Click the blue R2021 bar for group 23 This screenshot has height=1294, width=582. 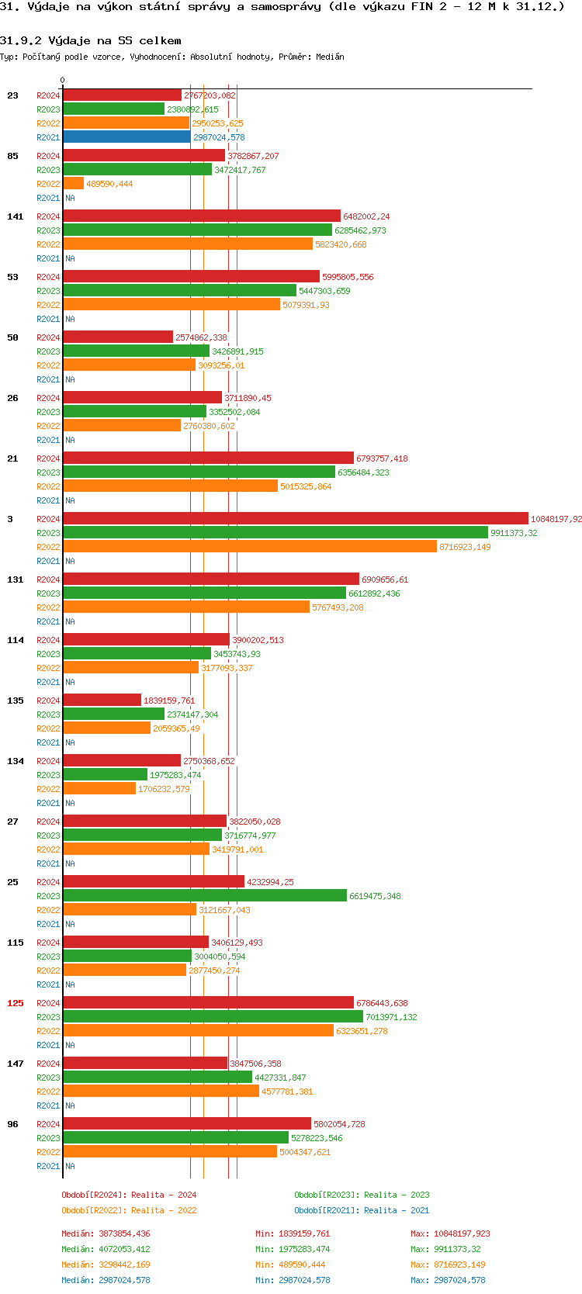(126, 137)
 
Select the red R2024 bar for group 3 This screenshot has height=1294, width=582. (295, 519)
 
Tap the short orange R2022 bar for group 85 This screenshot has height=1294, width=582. (74, 184)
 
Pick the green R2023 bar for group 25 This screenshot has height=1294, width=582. (205, 896)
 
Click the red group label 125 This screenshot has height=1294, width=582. (16, 1003)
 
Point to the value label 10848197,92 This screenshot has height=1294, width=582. (556, 519)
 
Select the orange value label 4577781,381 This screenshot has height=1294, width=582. (287, 1092)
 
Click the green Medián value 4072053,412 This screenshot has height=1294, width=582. (106, 1249)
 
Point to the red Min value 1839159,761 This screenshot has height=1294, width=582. (293, 1233)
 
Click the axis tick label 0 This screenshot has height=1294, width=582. (63, 80)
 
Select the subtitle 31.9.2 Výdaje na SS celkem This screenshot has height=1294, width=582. (90, 40)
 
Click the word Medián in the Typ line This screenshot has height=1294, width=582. (331, 57)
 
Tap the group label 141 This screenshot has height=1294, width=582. (16, 216)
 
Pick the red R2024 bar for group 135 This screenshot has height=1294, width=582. (102, 701)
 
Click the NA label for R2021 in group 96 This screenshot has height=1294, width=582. (70, 1166)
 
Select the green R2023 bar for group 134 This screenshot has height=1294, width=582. (106, 775)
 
